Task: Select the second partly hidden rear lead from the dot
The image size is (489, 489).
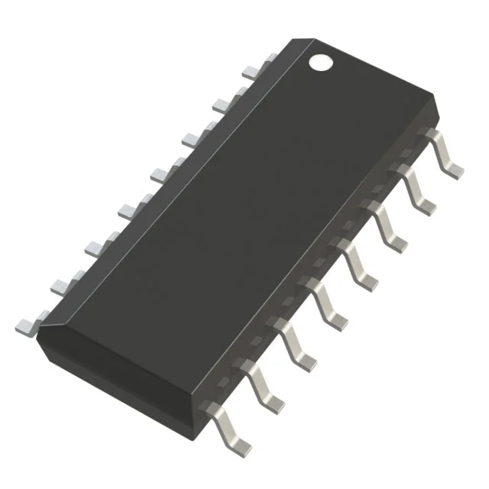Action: coord(222,103)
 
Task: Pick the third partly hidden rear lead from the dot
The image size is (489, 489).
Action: coord(191,138)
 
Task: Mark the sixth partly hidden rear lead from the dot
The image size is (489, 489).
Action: coord(95,246)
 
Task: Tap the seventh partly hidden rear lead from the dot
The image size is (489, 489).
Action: coord(61,284)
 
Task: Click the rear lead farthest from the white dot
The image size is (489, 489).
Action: coord(27,324)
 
